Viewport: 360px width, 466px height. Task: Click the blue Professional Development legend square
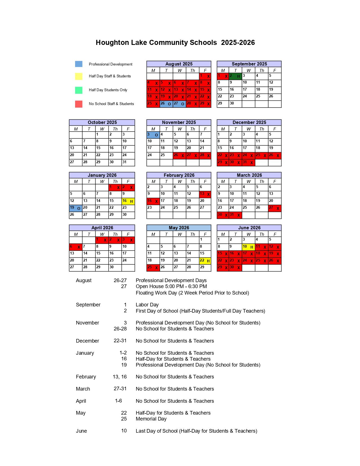coord(79,64)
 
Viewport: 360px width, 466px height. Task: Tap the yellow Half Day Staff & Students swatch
coord(79,76)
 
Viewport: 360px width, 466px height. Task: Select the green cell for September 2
coord(235,76)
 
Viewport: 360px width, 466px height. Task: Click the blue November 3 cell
coord(153,135)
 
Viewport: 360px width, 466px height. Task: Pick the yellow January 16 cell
coord(128,201)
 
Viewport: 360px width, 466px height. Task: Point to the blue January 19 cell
coord(76,208)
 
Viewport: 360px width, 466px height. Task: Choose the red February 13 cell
coord(205,194)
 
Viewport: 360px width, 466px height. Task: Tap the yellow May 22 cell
coord(205,261)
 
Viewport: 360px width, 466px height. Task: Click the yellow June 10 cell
coord(248,247)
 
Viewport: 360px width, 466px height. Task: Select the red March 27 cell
coord(275,208)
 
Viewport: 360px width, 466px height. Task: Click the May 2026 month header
coord(179,228)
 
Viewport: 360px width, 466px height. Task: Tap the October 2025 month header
coord(102,122)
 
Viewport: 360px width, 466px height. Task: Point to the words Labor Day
coord(147,305)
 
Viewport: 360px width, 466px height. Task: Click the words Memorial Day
coord(151,419)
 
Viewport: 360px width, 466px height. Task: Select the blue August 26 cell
coord(166,104)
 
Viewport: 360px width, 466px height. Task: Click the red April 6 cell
coord(76,247)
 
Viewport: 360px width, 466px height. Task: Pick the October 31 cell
coord(128,162)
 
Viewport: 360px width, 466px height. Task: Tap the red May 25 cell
coord(153,267)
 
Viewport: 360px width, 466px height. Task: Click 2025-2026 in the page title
coord(238,43)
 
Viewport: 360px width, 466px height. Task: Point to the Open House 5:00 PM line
coord(171,286)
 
